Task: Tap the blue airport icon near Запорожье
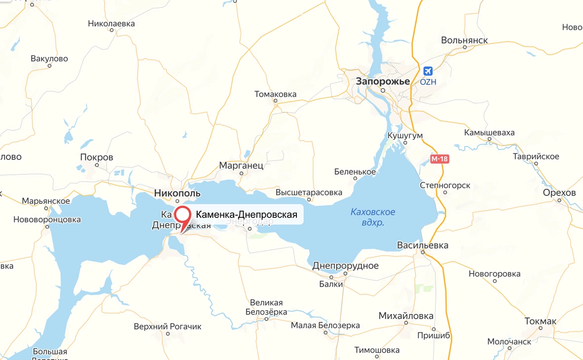click(428, 71)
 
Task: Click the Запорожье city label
click(383, 81)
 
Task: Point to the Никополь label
click(177, 193)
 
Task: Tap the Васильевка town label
click(423, 245)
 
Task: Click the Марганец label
click(242, 165)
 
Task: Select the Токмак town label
click(541, 321)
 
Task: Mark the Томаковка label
click(275, 94)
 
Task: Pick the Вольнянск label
click(464, 40)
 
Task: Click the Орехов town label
click(559, 193)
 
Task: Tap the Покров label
click(96, 158)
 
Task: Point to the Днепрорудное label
click(345, 266)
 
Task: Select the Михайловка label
click(406, 316)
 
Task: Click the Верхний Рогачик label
click(168, 326)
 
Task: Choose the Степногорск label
click(445, 186)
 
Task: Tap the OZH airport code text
click(428, 82)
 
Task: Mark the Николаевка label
click(111, 23)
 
